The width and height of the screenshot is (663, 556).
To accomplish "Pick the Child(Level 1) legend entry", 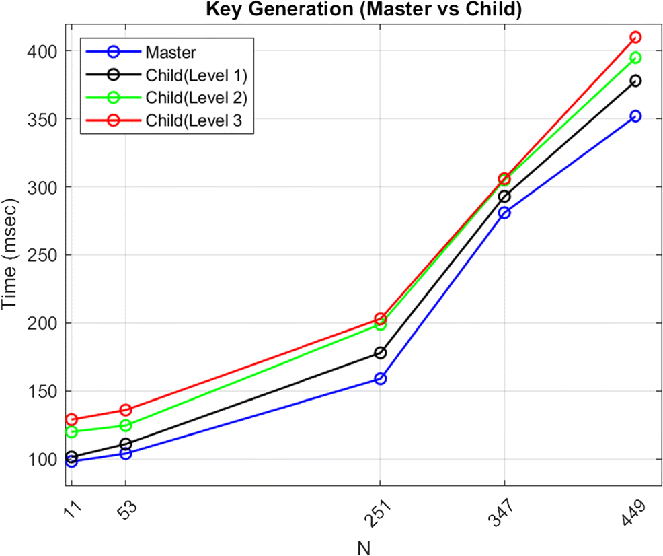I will (x=196, y=75).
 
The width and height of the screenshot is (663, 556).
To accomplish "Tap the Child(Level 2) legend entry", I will (x=196, y=98).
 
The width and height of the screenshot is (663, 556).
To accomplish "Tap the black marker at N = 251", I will (x=381, y=353).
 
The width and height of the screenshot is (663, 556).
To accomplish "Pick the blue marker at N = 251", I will (x=381, y=379).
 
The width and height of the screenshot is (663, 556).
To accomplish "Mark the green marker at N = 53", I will (x=126, y=425).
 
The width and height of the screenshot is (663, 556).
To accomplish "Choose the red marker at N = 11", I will (x=72, y=419).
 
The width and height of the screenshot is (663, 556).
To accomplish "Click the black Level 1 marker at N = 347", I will (x=504, y=197).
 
